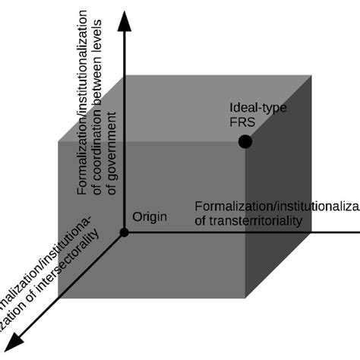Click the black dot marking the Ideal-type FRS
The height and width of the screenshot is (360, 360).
click(x=245, y=141)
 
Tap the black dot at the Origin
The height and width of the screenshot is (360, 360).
click(x=125, y=231)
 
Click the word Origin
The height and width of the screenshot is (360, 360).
click(x=149, y=216)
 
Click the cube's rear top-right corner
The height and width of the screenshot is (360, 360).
click(x=311, y=76)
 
